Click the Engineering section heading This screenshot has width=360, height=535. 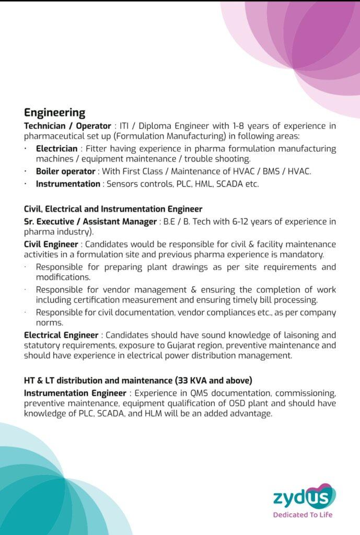point(54,113)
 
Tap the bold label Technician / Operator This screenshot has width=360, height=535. point(67,126)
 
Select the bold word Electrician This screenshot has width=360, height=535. point(56,149)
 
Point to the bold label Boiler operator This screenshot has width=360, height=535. point(65,171)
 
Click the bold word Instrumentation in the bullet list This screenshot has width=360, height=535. point(68,184)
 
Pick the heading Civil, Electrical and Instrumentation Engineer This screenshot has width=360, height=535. point(113,209)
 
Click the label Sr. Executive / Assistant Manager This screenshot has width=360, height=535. point(90,222)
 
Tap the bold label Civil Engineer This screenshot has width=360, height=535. point(51,245)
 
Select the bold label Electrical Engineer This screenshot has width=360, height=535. point(61,335)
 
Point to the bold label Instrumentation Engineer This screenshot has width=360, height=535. point(75,393)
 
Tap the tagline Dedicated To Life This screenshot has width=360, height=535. point(303,515)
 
